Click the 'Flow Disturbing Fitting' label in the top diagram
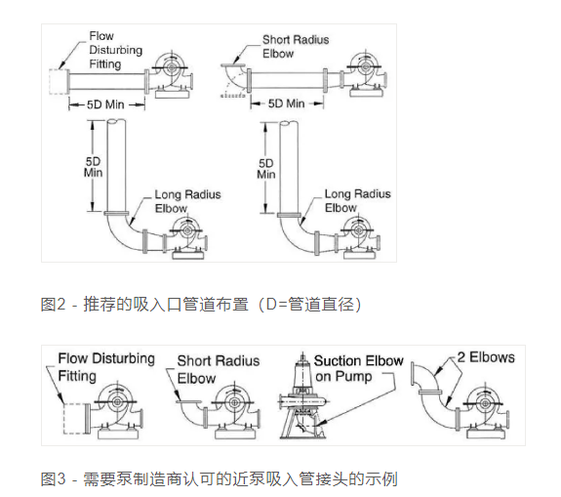(115, 50)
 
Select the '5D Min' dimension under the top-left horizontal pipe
(106, 104)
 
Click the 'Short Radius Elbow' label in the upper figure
(296, 47)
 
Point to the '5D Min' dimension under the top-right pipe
(287, 104)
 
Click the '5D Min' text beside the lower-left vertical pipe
(93, 167)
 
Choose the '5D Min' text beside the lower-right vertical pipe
(266, 169)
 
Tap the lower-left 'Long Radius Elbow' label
(187, 201)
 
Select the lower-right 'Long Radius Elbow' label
(357, 200)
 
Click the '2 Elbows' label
(486, 357)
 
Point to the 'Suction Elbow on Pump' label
(358, 368)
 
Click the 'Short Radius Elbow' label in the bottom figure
(219, 369)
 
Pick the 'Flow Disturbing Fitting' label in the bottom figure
(106, 367)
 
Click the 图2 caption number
(53, 305)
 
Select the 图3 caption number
(53, 478)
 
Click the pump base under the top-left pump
(172, 94)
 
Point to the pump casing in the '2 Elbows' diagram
(485, 403)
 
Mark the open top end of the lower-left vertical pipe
(116, 122)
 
